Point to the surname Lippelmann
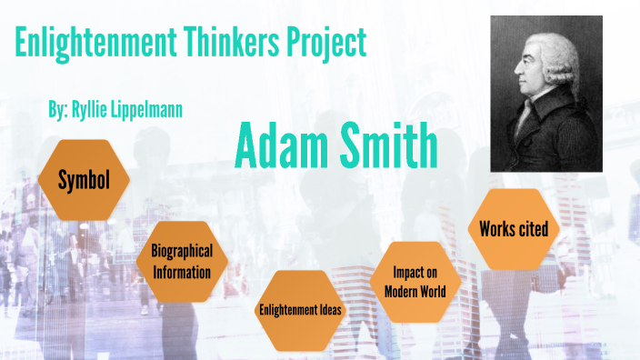tap(153, 111)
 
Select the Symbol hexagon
tap(85, 180)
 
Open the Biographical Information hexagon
tap(181, 262)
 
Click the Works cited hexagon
tap(514, 229)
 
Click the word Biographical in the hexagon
tap(182, 252)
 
